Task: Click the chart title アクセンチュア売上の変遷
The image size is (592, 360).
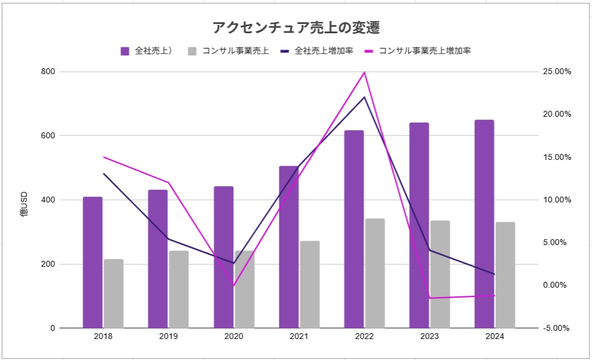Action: click(296, 27)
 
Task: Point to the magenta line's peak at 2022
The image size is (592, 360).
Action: click(365, 72)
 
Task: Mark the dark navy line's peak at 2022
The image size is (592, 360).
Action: click(365, 97)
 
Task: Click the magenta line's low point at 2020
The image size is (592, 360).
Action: click(234, 286)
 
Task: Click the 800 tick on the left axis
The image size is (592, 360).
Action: click(48, 72)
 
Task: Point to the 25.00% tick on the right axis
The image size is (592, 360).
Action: click(556, 72)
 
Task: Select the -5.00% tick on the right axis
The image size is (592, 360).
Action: click(556, 328)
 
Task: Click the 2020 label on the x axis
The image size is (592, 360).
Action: click(234, 337)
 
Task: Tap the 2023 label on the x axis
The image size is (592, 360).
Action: click(429, 337)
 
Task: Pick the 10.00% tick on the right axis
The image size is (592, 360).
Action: click(556, 200)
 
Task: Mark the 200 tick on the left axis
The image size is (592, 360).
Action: click(48, 264)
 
